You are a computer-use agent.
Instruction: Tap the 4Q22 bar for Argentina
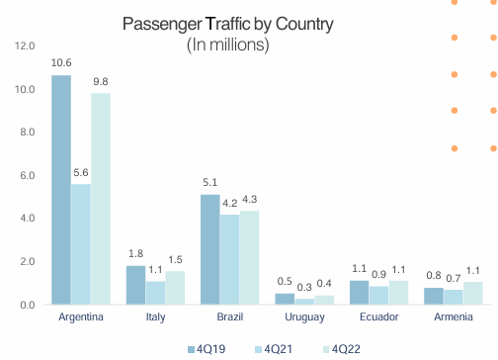pyautogui.click(x=100, y=199)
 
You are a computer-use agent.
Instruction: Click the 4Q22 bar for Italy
pyautogui.click(x=174, y=288)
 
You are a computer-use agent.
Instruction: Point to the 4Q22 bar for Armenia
pyautogui.click(x=473, y=293)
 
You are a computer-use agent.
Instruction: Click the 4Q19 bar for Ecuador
pyautogui.click(x=359, y=293)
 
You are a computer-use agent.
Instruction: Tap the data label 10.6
pyautogui.click(x=61, y=62)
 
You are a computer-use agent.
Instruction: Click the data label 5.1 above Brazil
pyautogui.click(x=209, y=182)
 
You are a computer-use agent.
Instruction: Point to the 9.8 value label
pyautogui.click(x=100, y=81)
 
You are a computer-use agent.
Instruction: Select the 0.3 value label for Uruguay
pyautogui.click(x=303, y=287)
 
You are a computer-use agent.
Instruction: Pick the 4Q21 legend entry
pyautogui.click(x=273, y=347)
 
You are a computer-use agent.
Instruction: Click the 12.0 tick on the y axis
pyautogui.click(x=26, y=46)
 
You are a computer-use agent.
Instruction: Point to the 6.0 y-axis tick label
pyautogui.click(x=26, y=176)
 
